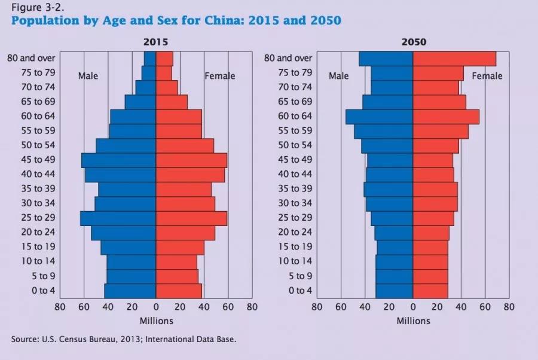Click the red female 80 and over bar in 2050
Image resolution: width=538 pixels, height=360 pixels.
[454, 59]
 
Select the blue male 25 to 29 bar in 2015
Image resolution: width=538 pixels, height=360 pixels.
[118, 218]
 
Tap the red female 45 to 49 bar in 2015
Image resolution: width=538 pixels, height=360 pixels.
[191, 160]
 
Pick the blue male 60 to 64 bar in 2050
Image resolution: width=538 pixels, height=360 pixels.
[379, 117]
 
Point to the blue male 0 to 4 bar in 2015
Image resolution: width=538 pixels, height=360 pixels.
[130, 291]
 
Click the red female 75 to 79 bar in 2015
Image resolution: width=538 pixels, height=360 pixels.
[164, 73]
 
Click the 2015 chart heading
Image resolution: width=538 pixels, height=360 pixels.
[155, 42]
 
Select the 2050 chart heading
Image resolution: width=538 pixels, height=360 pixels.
[412, 42]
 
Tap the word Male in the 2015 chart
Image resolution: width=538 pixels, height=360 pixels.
[88, 76]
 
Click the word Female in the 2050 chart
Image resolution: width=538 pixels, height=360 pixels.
[487, 76]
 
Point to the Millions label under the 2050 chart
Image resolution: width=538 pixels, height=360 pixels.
[413, 321]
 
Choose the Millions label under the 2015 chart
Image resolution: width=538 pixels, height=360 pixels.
[156, 321]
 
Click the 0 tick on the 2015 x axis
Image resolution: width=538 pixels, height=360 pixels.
[156, 307]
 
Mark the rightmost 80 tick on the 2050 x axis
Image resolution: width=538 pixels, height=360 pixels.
[509, 307]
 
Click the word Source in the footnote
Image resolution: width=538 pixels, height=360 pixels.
[25, 339]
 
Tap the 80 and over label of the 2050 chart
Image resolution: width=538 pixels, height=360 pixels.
[289, 58]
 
